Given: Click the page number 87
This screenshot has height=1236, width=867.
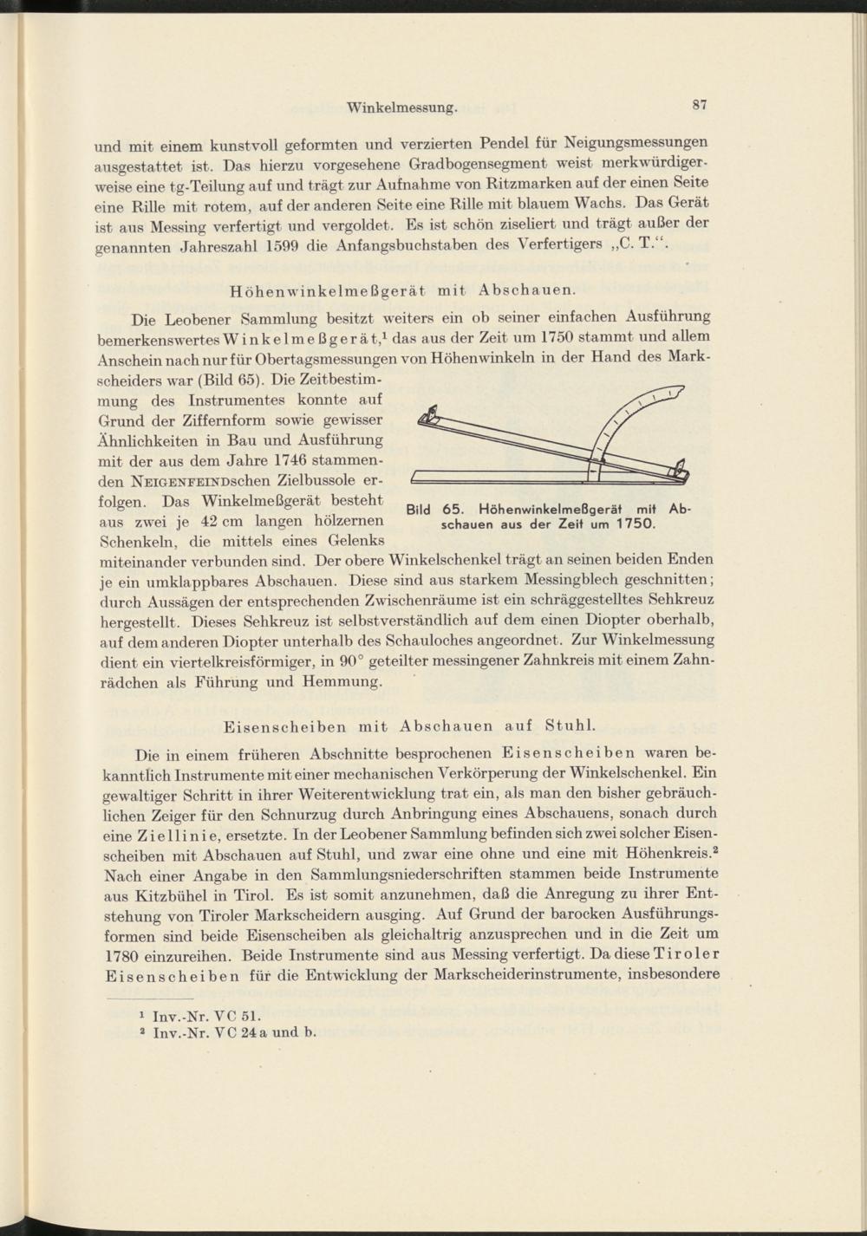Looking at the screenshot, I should pos(701,105).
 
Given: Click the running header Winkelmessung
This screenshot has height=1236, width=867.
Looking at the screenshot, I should pos(401,108).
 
